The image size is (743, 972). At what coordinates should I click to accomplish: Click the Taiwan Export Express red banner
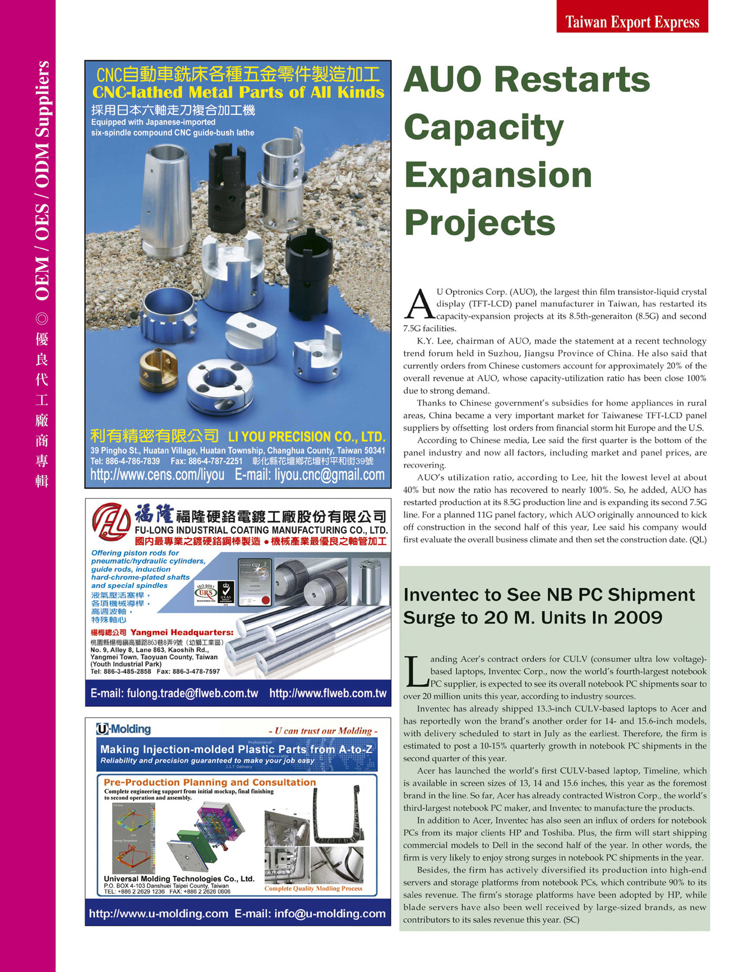[632, 21]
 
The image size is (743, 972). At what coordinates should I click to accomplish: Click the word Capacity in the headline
[483, 128]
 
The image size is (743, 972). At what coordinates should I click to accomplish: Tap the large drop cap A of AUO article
[419, 304]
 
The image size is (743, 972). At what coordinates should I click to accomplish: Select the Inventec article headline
[548, 606]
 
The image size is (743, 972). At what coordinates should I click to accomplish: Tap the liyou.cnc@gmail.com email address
[310, 475]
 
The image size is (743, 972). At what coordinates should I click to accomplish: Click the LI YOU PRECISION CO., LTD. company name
[306, 437]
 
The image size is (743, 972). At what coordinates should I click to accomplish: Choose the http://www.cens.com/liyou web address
[158, 475]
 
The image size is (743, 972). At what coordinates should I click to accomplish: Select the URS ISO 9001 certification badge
[206, 593]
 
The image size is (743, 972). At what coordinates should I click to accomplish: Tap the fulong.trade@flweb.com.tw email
[174, 693]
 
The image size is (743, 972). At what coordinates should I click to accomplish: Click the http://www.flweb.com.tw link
[328, 693]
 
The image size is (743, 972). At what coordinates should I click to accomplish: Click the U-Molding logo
[123, 729]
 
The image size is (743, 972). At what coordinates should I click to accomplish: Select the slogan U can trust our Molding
[323, 731]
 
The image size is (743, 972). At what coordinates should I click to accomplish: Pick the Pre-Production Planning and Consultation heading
[210, 782]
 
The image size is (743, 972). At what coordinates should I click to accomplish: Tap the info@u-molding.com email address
[330, 914]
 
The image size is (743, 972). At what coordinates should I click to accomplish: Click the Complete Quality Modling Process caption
[313, 888]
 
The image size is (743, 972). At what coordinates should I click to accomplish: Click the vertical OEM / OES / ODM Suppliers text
[42, 180]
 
